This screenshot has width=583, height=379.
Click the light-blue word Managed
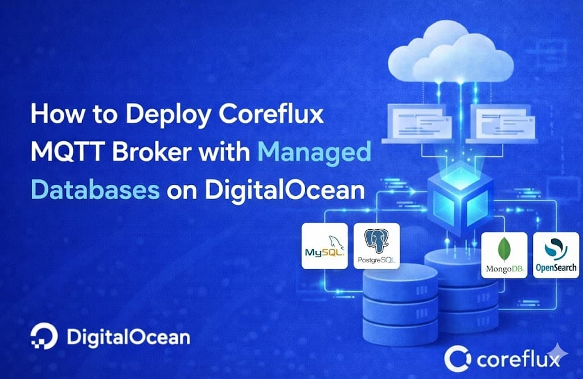[314, 153]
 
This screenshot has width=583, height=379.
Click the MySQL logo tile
[325, 246]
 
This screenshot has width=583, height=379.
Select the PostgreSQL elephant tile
[377, 246]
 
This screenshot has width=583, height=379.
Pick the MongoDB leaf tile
[504, 255]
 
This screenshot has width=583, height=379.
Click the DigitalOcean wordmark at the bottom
[128, 337]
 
